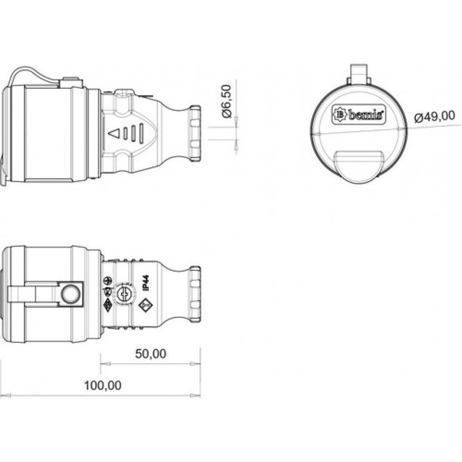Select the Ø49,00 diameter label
pyautogui.click(x=434, y=116)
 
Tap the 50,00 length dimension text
pyautogui.click(x=151, y=354)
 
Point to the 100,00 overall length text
pyautogui.click(x=103, y=385)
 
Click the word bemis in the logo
pyautogui.click(x=366, y=115)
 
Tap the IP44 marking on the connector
pyautogui.click(x=145, y=283)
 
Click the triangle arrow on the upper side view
pyautogui.click(x=114, y=135)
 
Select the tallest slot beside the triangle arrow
pyautogui.click(x=141, y=134)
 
